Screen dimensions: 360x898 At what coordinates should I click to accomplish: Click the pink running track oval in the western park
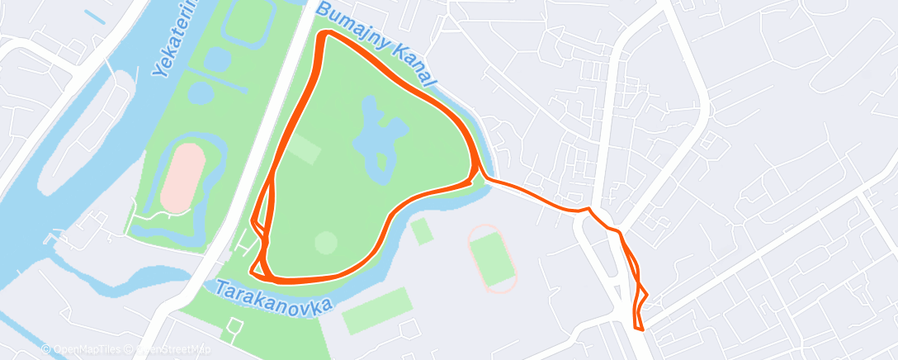point(183,178)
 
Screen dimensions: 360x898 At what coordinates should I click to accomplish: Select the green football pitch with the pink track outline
point(492,258)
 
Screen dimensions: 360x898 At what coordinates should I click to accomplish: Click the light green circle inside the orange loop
point(326,243)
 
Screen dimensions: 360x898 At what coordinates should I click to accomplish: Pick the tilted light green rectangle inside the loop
point(305,149)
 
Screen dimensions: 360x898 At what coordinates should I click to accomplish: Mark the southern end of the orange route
point(639,329)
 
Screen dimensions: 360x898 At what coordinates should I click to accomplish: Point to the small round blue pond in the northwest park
point(217,59)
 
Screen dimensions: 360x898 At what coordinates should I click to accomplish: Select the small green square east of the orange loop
point(422,231)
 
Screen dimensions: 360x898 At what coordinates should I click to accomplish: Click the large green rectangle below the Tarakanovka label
point(376,310)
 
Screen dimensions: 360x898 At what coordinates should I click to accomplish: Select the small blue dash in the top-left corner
point(96,17)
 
